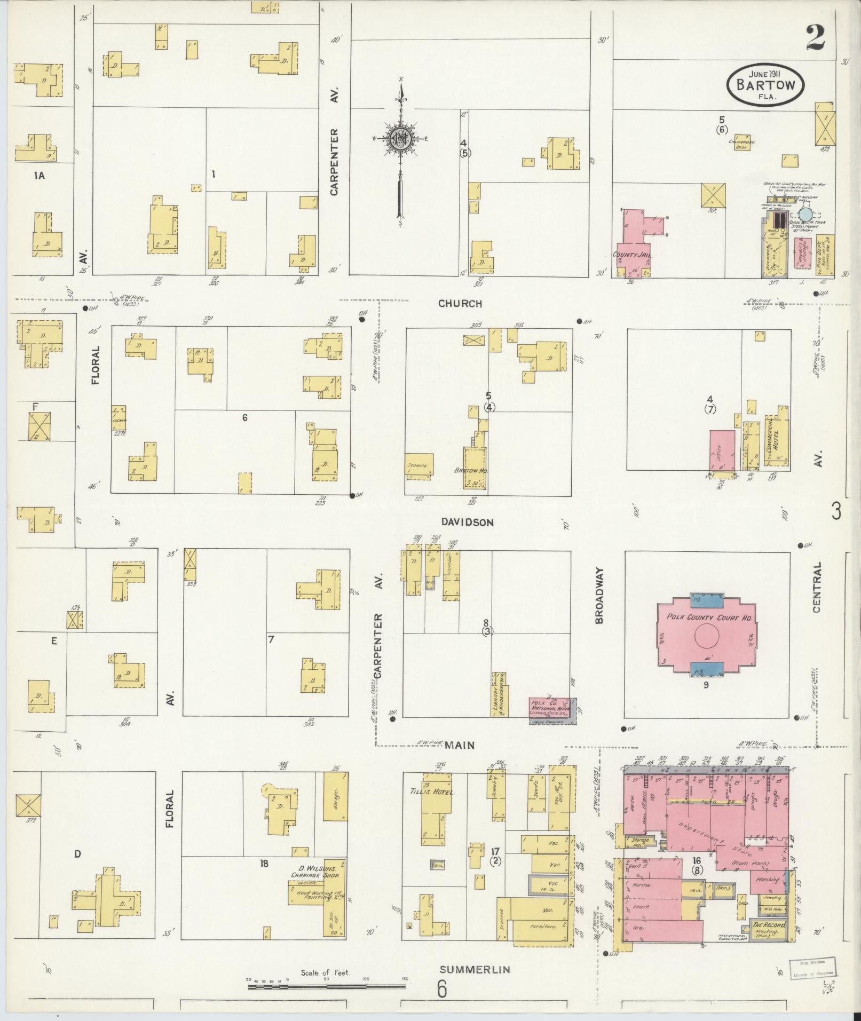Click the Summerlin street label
pyautogui.click(x=475, y=969)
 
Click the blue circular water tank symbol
pyautogui.click(x=805, y=214)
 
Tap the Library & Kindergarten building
pyautogui.click(x=499, y=694)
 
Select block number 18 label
pyautogui.click(x=264, y=863)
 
